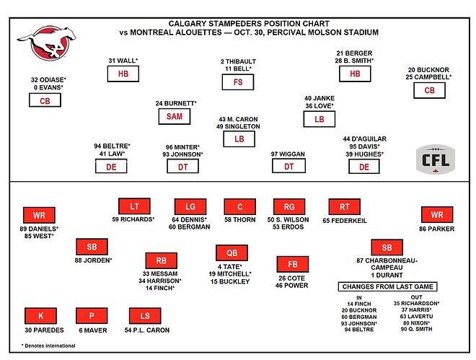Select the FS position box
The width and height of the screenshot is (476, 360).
point(238,82)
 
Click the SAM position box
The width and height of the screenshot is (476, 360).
point(176,117)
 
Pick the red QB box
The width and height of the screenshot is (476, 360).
point(231,253)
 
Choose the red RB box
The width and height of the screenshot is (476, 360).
point(161,260)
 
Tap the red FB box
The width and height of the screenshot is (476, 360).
point(293,264)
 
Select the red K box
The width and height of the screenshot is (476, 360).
point(40,316)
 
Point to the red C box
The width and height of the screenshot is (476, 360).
point(239,206)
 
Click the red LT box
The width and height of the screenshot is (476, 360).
point(134,206)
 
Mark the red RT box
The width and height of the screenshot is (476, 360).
point(344,206)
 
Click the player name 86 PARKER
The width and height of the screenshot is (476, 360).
point(437,227)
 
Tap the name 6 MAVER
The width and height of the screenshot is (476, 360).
point(92,330)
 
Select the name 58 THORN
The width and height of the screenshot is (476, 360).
point(239,219)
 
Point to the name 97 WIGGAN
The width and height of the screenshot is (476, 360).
point(288,153)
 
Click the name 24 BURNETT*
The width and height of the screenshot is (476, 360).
point(176,103)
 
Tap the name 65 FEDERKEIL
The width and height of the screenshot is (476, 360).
point(345,219)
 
